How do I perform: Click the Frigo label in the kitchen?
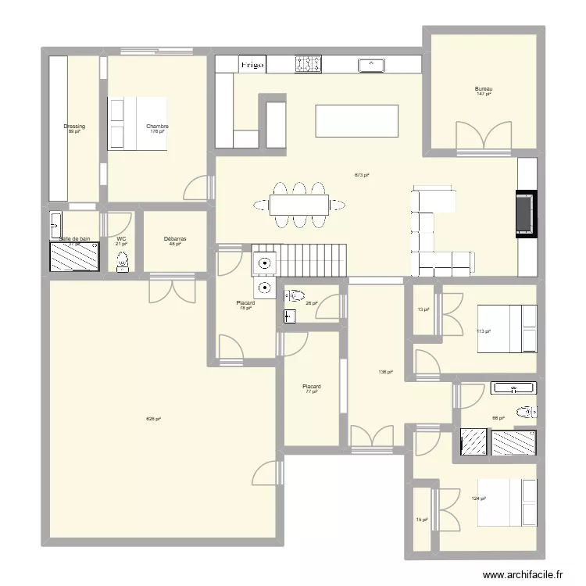click(252, 64)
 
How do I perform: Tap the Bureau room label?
click(484, 89)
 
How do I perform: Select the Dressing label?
click(74, 127)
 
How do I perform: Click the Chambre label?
click(157, 127)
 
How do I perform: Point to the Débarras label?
click(175, 239)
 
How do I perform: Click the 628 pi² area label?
click(153, 419)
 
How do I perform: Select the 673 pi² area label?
click(361, 175)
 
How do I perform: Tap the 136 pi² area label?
click(384, 373)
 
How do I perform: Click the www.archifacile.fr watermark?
click(523, 574)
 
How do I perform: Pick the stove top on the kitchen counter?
click(309, 64)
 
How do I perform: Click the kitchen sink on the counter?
click(373, 65)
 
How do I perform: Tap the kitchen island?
click(356, 121)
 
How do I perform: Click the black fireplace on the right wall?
click(524, 213)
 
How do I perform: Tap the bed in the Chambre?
click(138, 123)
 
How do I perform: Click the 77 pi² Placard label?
click(312, 388)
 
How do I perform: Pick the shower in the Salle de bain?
click(74, 256)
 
